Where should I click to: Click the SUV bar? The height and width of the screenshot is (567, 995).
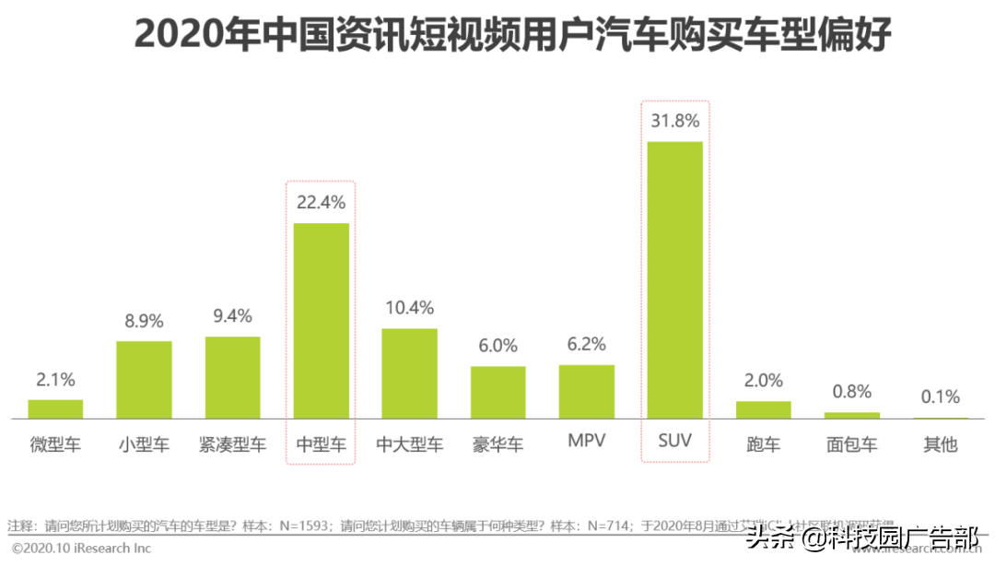[x=674, y=280]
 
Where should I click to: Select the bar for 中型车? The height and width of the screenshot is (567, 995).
[x=321, y=321]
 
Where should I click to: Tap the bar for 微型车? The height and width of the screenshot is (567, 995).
[x=55, y=409]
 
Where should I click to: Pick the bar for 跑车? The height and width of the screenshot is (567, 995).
[x=763, y=410]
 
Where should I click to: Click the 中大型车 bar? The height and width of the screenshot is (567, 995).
[x=409, y=373]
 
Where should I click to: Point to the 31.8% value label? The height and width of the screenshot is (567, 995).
[x=674, y=120]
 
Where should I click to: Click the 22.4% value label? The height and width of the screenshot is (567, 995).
[x=321, y=201]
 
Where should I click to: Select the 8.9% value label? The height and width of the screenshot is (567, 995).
[x=144, y=321]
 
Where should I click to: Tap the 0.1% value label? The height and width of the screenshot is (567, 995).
[x=940, y=397]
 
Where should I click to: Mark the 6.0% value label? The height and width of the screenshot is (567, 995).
[x=497, y=346]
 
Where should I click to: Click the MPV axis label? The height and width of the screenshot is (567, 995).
[x=586, y=442]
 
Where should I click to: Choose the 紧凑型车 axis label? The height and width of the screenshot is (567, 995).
[x=232, y=444]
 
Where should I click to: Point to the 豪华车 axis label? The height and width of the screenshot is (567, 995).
[x=497, y=444]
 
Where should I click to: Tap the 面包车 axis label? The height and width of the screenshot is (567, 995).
[x=851, y=444]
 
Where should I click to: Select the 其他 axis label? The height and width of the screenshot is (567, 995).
[x=940, y=444]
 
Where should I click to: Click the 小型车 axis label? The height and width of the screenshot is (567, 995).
[x=144, y=444]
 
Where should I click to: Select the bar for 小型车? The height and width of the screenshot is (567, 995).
[x=144, y=380]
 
